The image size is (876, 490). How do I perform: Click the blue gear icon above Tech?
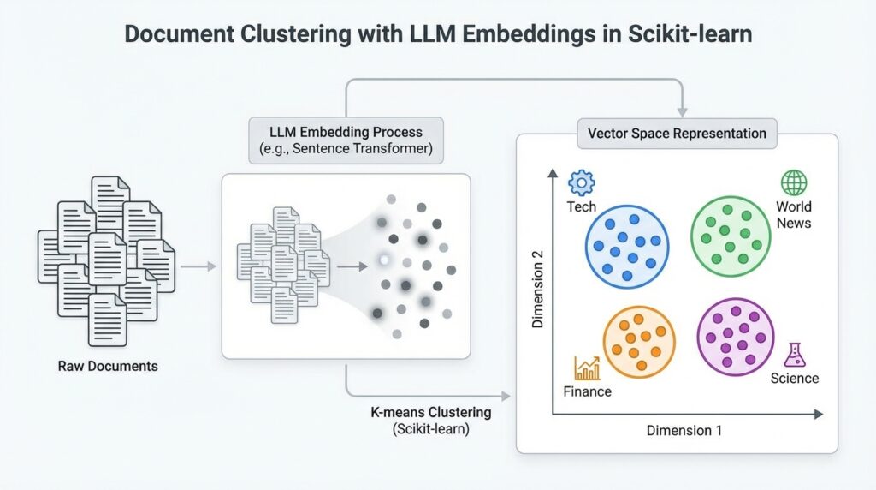pyautogui.click(x=582, y=182)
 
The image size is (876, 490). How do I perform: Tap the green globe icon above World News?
pyautogui.click(x=793, y=182)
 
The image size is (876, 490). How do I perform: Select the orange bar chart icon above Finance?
pyautogui.click(x=587, y=367)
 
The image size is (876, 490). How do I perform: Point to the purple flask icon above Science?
pyautogui.click(x=795, y=355)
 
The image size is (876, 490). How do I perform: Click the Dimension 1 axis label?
pyautogui.click(x=684, y=430)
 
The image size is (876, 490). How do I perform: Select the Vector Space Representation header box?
pyautogui.click(x=677, y=134)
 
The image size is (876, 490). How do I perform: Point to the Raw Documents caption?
pyautogui.click(x=108, y=367)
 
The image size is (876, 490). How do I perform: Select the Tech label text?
pyautogui.click(x=581, y=207)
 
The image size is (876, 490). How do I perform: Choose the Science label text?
pyautogui.click(x=794, y=379)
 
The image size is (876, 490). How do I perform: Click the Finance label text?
pyautogui.click(x=587, y=391)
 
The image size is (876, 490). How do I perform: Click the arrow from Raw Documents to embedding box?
pyautogui.click(x=198, y=266)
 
